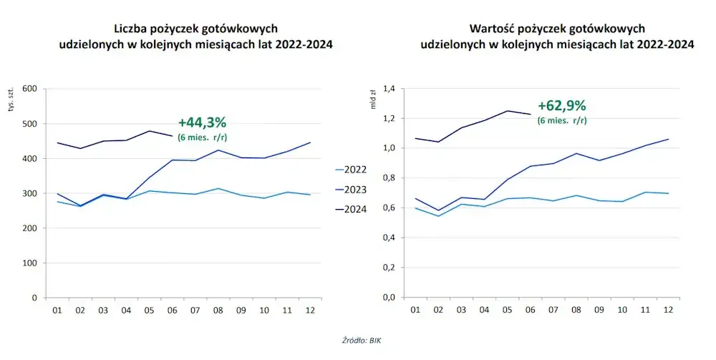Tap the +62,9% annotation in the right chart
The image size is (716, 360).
(561, 106)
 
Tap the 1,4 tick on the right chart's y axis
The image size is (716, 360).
(390, 89)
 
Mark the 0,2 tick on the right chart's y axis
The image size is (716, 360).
(390, 267)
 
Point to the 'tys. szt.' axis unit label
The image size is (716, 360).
(11, 102)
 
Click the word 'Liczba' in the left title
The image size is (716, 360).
(131, 29)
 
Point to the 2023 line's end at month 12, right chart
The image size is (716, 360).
(668, 139)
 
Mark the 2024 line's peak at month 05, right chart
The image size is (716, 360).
(507, 111)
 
